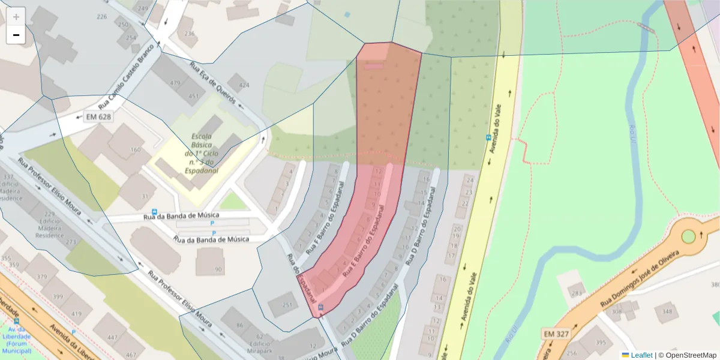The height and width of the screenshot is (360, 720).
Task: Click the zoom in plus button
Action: click(16, 17)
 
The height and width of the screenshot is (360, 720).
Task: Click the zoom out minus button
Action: click(16, 35)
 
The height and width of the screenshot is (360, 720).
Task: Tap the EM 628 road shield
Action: click(100, 116)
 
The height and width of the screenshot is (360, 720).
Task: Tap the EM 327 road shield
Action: click(556, 333)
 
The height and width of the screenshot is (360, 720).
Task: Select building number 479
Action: click(176, 83)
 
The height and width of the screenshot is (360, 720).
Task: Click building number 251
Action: click(287, 305)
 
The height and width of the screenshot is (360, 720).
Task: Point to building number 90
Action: click(218, 269)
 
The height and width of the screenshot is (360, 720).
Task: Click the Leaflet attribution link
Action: click(641, 355)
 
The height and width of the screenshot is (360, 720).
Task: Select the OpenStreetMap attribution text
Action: click(688, 355)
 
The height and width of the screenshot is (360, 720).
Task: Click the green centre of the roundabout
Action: click(688, 236)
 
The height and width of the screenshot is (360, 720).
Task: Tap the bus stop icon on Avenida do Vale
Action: click(488, 137)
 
